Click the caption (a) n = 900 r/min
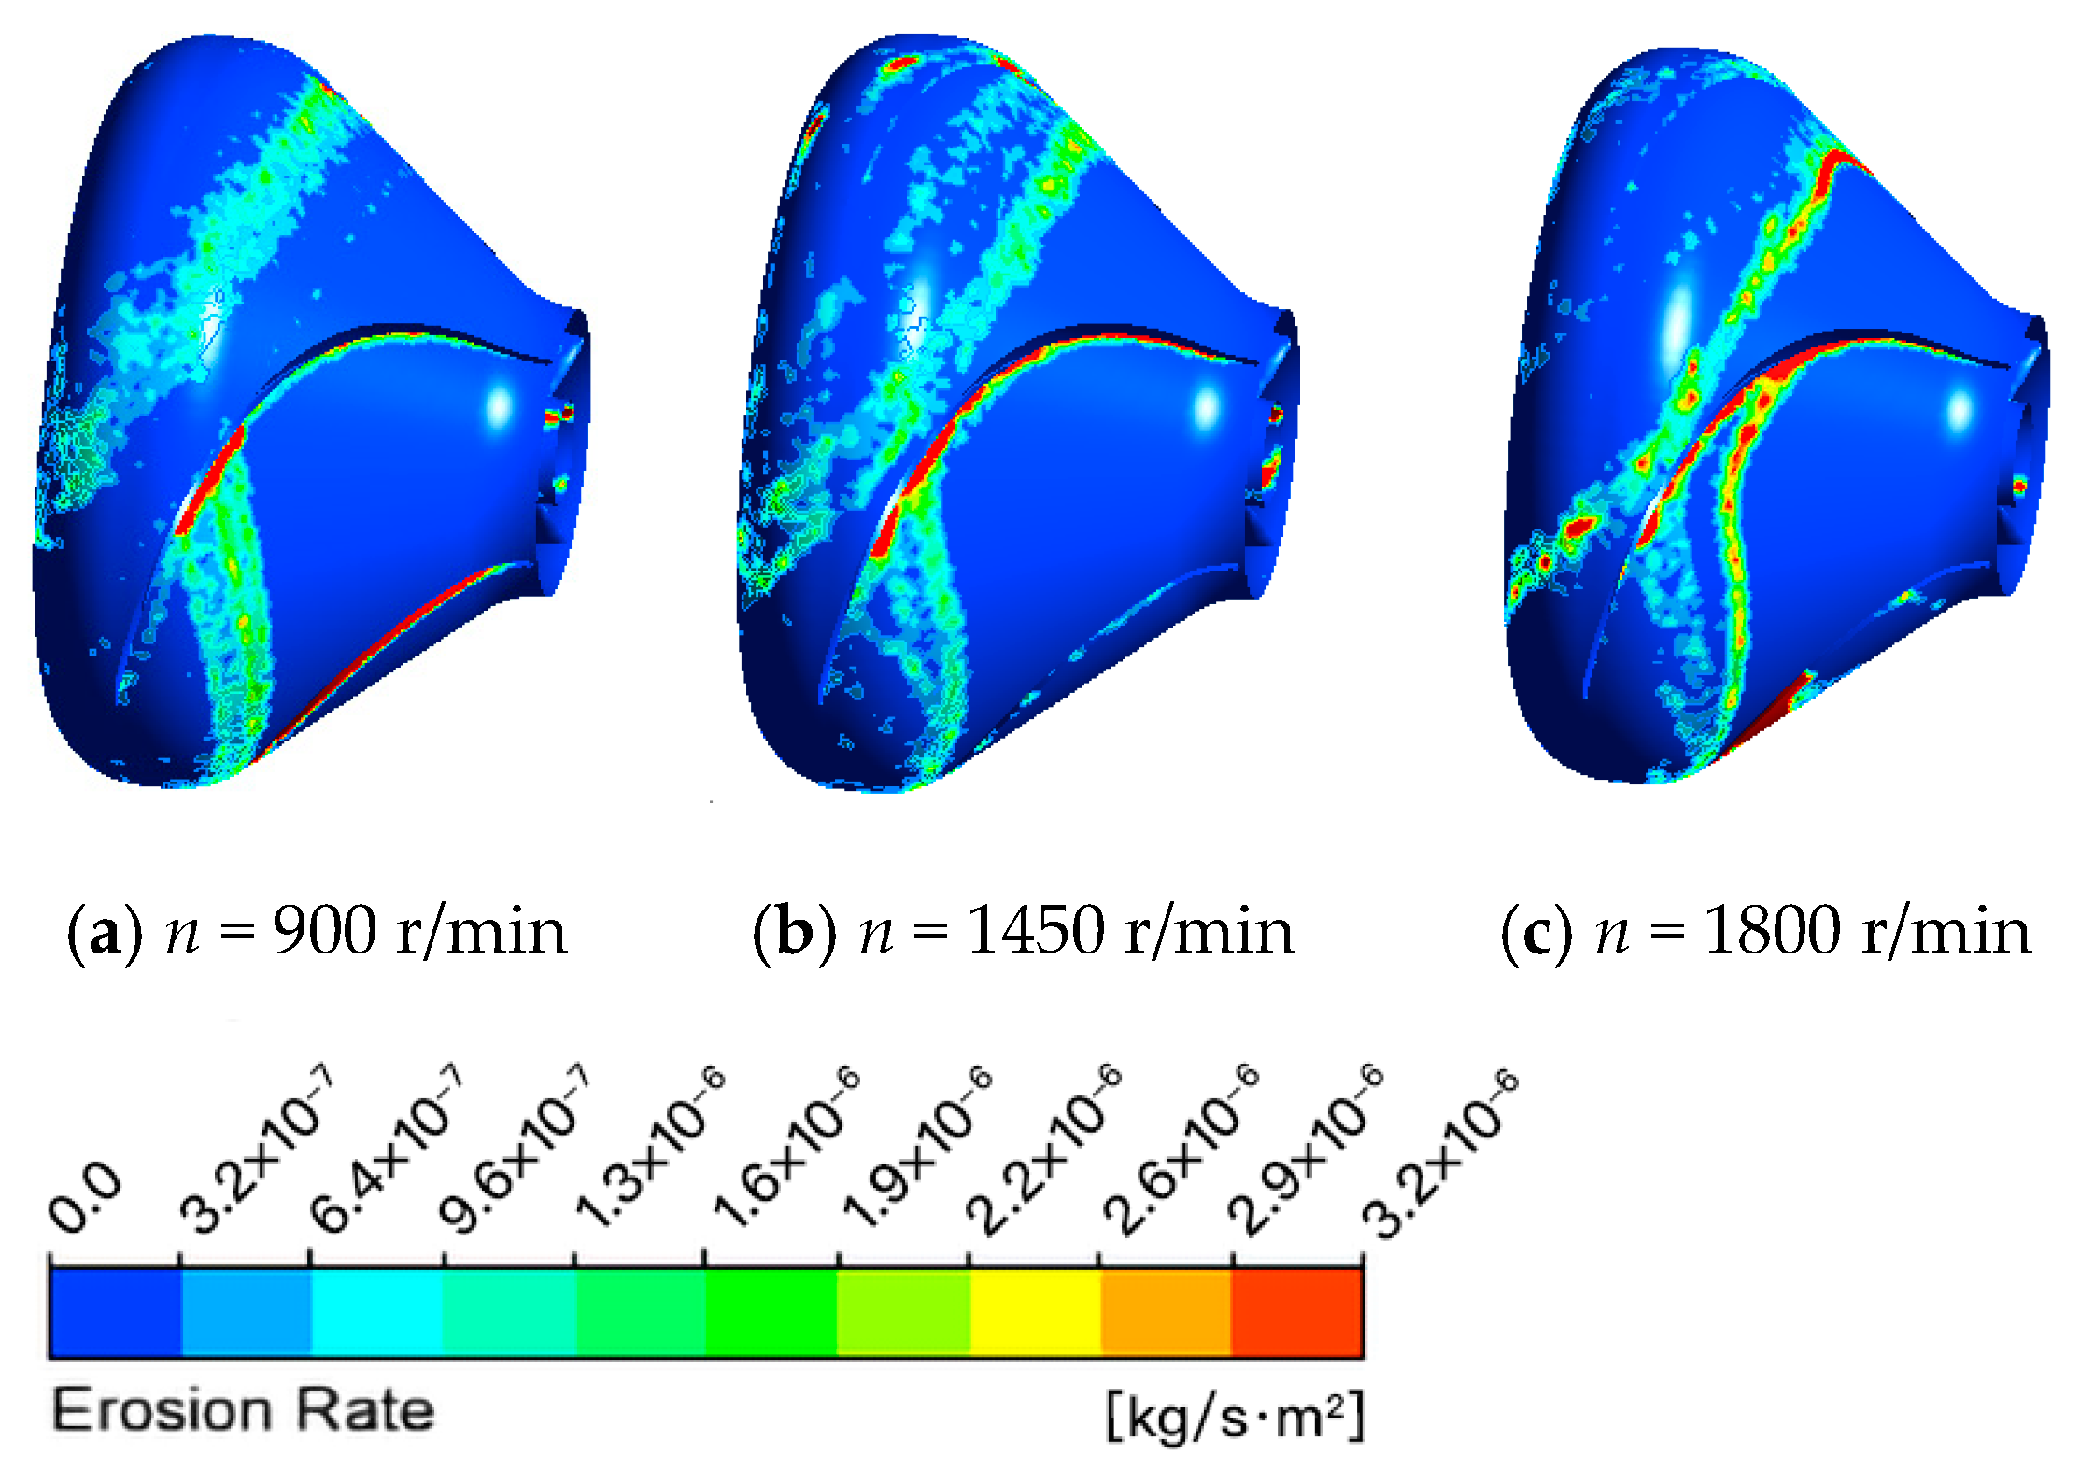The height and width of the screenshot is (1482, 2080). click(x=318, y=932)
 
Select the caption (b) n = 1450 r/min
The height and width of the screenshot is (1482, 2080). click(x=1024, y=932)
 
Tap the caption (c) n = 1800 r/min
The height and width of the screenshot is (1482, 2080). click(x=1765, y=932)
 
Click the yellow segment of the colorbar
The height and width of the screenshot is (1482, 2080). click(x=1035, y=1311)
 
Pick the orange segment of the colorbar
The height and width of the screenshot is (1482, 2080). click(x=1166, y=1311)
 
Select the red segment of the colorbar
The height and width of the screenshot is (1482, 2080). click(x=1297, y=1311)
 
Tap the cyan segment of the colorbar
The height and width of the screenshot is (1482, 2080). click(x=376, y=1311)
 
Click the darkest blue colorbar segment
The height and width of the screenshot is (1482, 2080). click(x=114, y=1311)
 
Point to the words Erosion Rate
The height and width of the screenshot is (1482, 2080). click(x=243, y=1410)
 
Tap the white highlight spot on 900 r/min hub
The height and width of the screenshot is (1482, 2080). click(x=500, y=407)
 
